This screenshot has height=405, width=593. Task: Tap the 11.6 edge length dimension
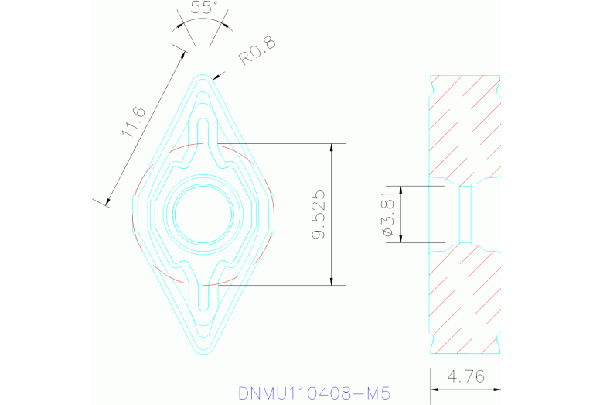tap(134, 122)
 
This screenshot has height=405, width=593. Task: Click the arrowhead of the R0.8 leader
tap(221, 75)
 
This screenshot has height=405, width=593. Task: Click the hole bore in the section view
tap(465, 215)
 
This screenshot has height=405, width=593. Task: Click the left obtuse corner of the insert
tap(132, 215)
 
